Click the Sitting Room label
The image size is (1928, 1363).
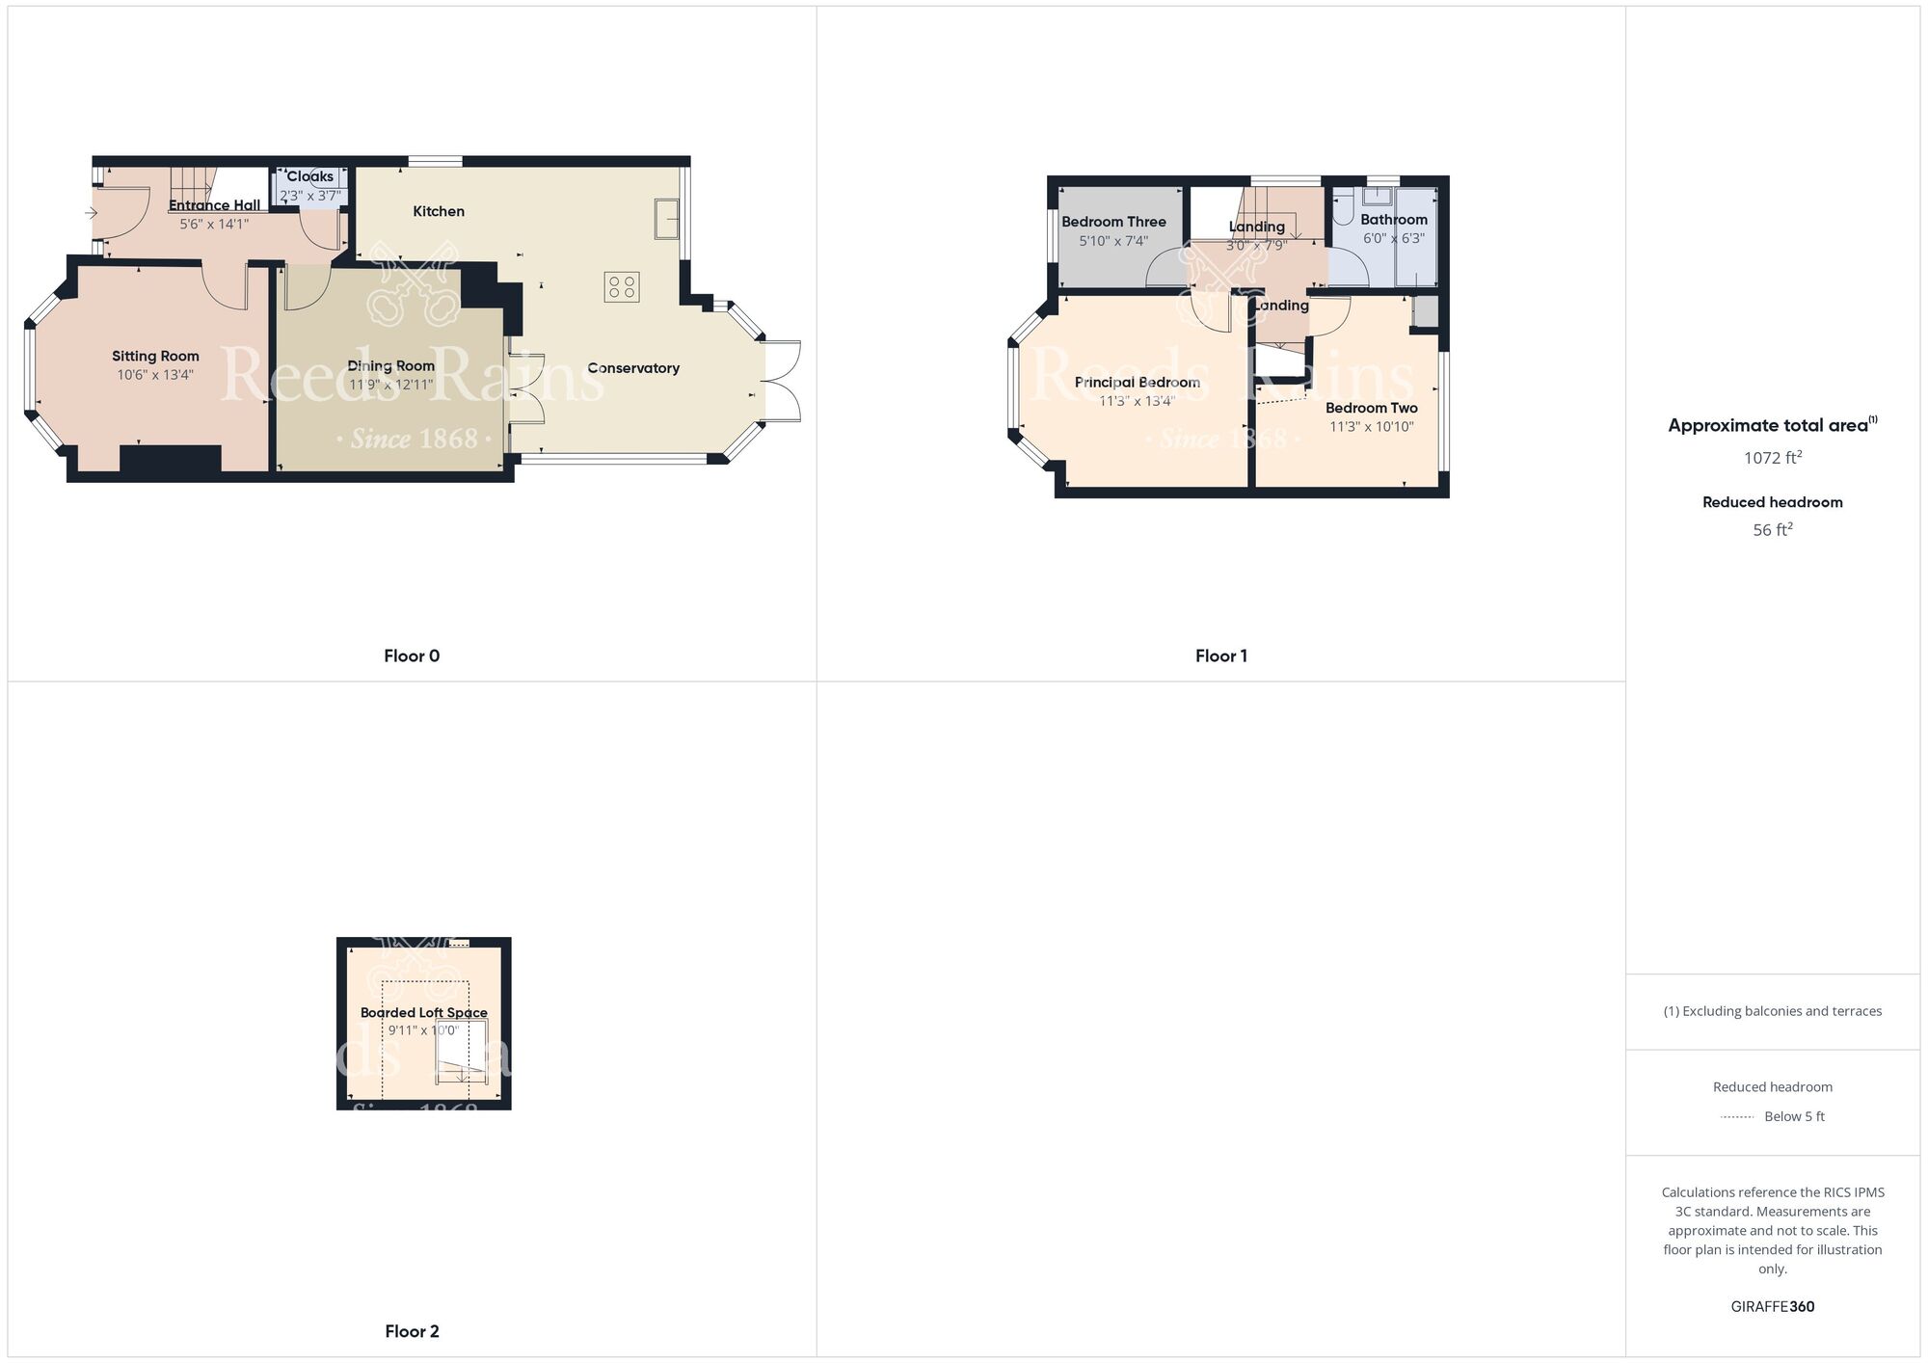click(x=155, y=357)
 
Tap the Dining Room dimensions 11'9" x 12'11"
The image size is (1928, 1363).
click(x=390, y=385)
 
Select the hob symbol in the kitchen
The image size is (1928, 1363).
click(x=622, y=286)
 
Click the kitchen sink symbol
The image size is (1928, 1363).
click(x=666, y=218)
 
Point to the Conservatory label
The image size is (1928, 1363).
click(x=633, y=368)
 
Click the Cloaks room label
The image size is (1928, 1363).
click(x=310, y=176)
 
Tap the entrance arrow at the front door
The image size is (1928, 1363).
click(x=92, y=213)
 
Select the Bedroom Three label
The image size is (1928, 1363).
click(x=1113, y=222)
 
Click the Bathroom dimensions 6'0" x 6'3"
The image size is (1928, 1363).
click(x=1393, y=238)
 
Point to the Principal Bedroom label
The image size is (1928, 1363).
click(x=1137, y=383)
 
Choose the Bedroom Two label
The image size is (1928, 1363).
click(x=1371, y=408)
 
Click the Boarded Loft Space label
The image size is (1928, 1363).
click(x=423, y=1012)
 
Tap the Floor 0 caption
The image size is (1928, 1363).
click(x=412, y=656)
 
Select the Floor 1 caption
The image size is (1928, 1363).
click(x=1220, y=656)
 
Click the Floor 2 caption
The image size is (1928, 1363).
click(x=412, y=1331)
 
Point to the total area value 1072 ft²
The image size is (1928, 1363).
click(x=1772, y=458)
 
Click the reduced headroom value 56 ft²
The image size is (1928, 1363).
click(x=1772, y=530)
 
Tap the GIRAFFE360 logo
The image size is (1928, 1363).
click(x=1772, y=1307)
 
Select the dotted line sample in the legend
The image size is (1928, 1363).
click(x=1737, y=1117)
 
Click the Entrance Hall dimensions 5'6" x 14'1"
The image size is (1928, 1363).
click(x=214, y=225)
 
